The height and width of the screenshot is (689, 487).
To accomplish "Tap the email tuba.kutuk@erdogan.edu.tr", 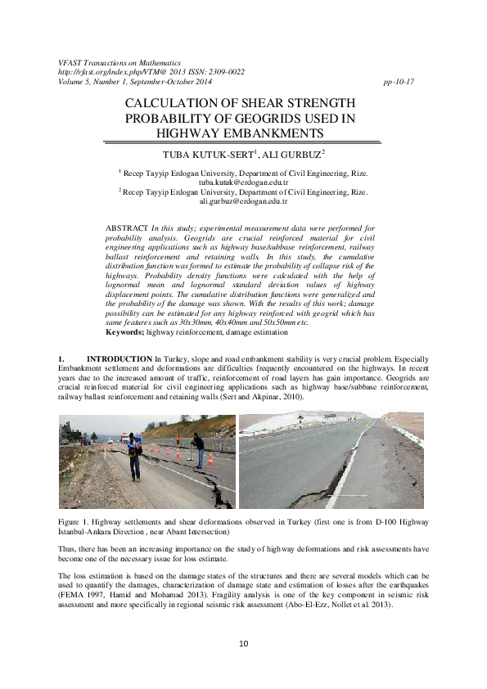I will (245, 182).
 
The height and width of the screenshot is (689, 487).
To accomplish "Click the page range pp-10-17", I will (399, 82).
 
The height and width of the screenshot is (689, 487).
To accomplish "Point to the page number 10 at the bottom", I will (243, 644).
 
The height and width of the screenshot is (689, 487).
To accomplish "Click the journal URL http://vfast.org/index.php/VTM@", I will (111, 72).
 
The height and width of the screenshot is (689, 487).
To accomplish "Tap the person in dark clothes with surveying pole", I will (199, 449).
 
